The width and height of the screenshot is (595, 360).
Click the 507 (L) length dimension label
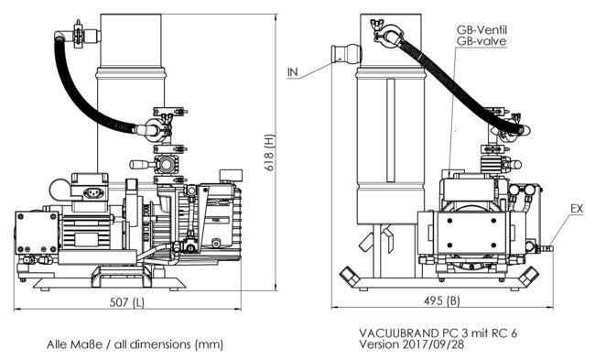(126, 302)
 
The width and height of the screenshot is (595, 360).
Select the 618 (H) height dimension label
(269, 153)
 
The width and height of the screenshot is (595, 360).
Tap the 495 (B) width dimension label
(442, 300)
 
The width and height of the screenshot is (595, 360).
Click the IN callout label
(293, 71)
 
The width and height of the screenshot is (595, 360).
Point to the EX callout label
(577, 209)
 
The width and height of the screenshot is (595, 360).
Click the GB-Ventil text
(481, 29)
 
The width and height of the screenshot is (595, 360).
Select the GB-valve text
(481, 41)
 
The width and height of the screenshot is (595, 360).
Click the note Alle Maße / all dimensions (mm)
(135, 344)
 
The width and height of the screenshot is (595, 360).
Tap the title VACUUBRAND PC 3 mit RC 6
(438, 333)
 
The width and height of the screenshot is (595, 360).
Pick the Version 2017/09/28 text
(411, 344)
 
